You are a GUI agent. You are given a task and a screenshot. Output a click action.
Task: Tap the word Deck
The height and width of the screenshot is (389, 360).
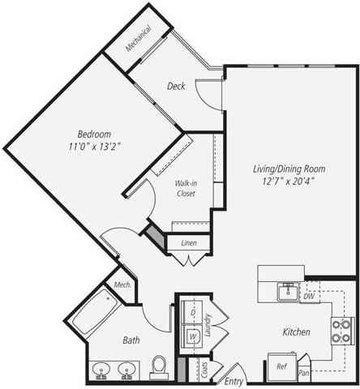178,86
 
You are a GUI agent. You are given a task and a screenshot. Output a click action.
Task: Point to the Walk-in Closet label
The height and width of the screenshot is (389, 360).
186,189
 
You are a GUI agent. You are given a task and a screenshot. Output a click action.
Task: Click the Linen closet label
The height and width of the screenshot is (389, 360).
188,243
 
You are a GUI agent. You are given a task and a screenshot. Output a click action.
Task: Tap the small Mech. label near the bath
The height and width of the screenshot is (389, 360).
122,285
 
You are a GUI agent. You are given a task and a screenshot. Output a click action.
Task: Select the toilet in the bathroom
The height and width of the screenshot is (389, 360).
160,367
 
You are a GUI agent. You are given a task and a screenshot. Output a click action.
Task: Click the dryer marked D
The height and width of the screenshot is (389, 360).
194,312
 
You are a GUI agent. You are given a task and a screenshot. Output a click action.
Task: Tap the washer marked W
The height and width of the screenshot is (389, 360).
194,335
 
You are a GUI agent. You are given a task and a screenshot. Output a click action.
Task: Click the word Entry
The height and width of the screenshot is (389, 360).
234,381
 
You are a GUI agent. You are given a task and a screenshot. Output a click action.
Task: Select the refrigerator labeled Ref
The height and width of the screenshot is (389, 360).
281,366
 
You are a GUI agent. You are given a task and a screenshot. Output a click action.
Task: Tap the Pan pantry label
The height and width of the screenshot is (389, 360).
303,374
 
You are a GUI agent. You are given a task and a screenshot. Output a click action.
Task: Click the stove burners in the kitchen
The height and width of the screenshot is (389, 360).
342,331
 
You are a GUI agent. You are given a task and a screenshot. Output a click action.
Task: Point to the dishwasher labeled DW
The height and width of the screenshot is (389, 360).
308,296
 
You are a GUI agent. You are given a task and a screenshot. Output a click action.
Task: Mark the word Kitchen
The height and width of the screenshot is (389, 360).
294,332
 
